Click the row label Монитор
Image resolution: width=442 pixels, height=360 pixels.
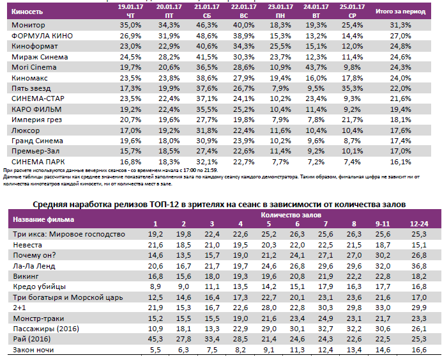26,24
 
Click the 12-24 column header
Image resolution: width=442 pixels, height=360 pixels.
419,223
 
